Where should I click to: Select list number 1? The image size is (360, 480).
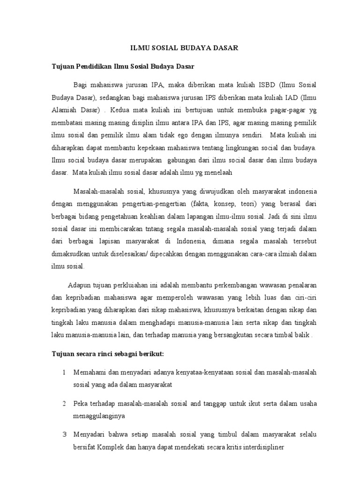coord(64,373)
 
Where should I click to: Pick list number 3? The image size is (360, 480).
coord(64,435)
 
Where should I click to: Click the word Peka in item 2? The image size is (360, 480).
coord(80,404)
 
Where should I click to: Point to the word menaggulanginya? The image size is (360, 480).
coord(101,416)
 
